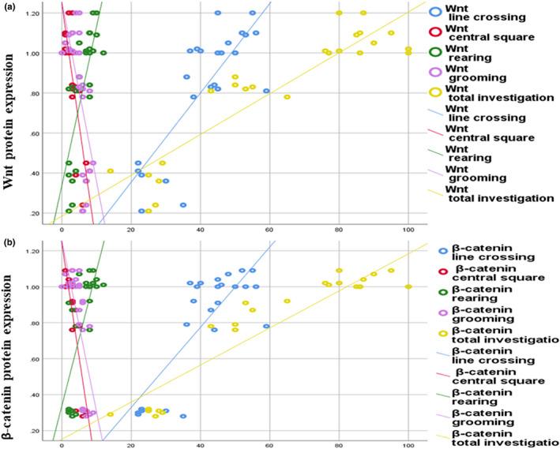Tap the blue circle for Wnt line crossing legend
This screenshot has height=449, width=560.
tap(435, 13)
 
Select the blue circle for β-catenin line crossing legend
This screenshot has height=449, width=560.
tap(445, 251)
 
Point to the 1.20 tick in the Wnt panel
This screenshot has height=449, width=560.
tap(35, 13)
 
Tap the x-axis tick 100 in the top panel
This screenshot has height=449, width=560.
tap(408, 230)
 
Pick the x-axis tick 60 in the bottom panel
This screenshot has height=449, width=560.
tap(269, 444)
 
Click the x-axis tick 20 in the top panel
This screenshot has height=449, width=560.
tap(131, 230)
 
